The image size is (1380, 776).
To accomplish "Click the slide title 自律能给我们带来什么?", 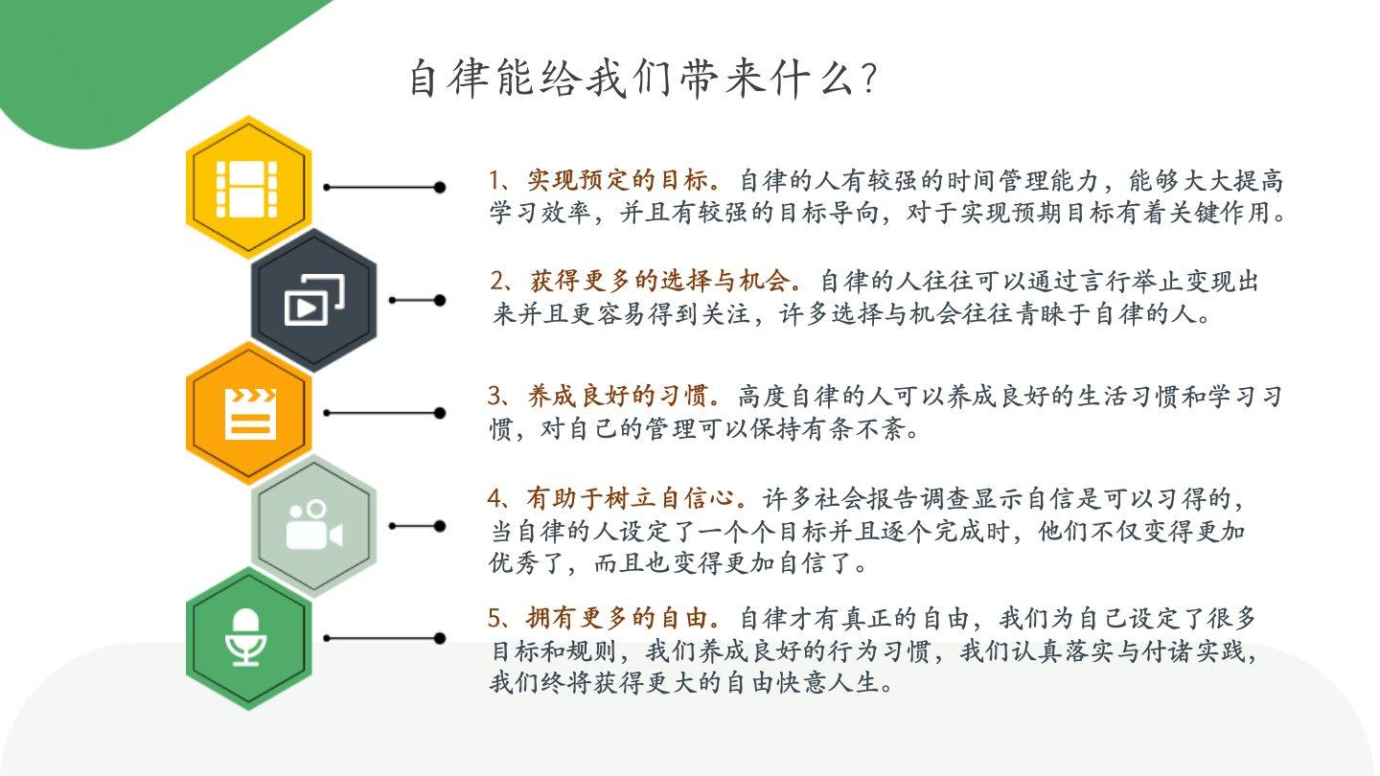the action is pyautogui.click(x=643, y=79).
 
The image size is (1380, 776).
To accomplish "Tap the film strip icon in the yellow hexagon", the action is pyautogui.click(x=246, y=189).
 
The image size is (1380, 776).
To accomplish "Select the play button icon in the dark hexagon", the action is pyautogui.click(x=314, y=300).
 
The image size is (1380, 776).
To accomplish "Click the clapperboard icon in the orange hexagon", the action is pyautogui.click(x=250, y=414).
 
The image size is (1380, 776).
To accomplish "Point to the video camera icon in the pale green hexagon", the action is pyautogui.click(x=314, y=525).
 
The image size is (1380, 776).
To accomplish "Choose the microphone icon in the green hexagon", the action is pyautogui.click(x=245, y=637).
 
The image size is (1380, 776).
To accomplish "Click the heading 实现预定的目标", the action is pyautogui.click(x=617, y=180).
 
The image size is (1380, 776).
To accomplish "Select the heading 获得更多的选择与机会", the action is pyautogui.click(x=659, y=281).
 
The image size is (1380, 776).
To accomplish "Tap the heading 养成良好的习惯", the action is pyautogui.click(x=617, y=396).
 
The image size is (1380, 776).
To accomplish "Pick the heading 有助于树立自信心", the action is pyautogui.click(x=631, y=498).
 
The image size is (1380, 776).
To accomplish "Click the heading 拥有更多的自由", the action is pyautogui.click(x=617, y=618).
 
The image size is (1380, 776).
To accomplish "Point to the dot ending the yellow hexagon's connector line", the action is pyautogui.click(x=439, y=187).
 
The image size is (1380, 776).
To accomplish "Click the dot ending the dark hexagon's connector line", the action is pyautogui.click(x=439, y=300).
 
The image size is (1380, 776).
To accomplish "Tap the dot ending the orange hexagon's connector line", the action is pyautogui.click(x=439, y=413).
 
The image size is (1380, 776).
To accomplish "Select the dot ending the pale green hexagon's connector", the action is pyautogui.click(x=439, y=526).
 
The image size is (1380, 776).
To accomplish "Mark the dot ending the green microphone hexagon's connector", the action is pyautogui.click(x=439, y=639).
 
